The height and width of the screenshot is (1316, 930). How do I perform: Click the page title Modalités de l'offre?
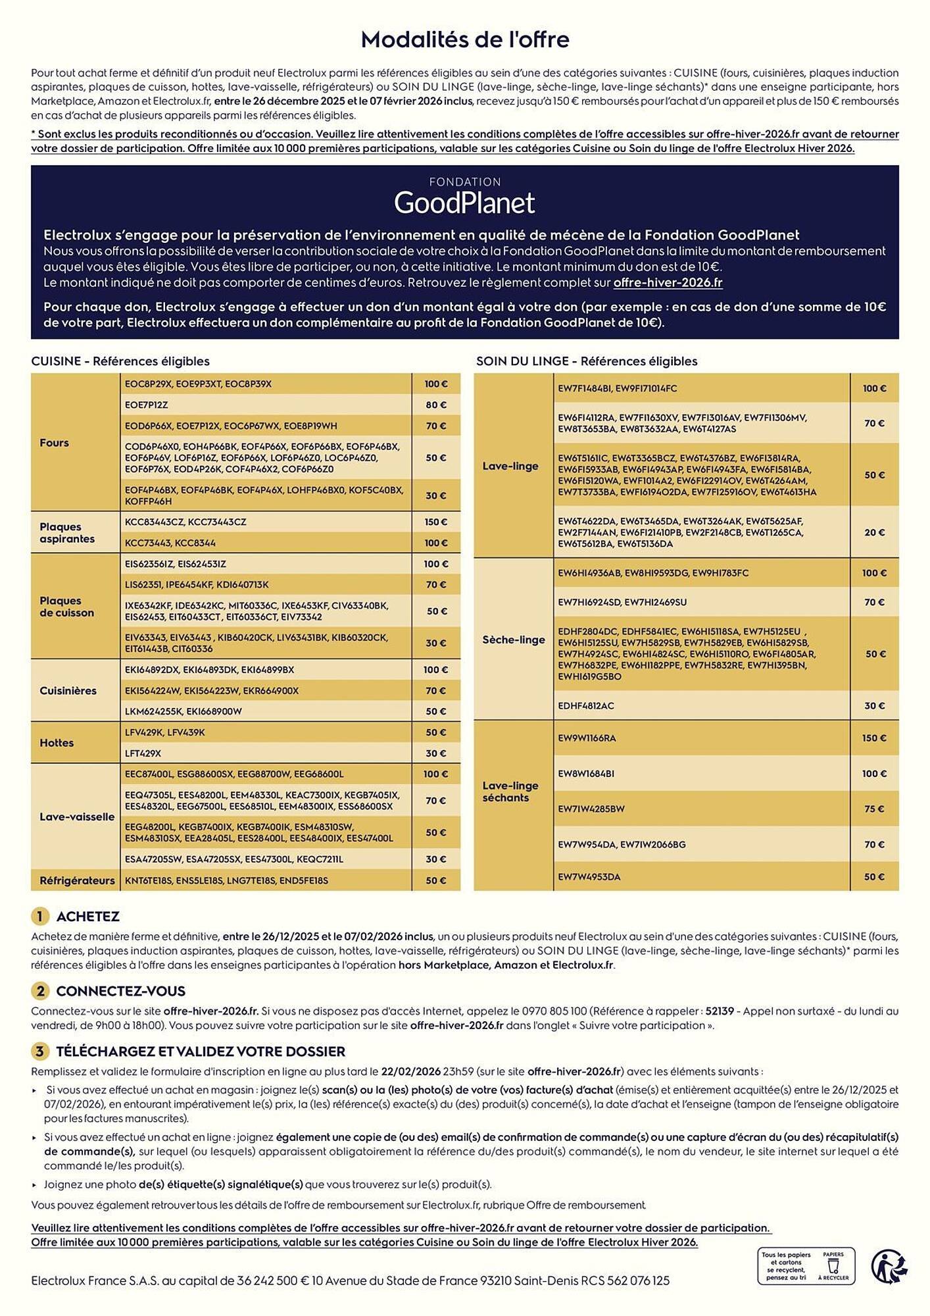tap(465, 40)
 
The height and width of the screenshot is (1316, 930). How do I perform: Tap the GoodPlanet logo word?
tap(464, 203)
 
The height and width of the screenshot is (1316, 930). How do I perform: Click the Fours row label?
tap(54, 443)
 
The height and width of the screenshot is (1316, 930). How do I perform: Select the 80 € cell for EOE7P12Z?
tap(435, 405)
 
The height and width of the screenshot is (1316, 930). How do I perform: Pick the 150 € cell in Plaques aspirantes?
tap(435, 522)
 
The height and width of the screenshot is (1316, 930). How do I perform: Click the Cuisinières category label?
tap(68, 690)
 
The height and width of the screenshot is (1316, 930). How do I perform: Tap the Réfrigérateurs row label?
tap(77, 880)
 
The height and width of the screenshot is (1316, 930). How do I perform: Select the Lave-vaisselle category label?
tap(77, 817)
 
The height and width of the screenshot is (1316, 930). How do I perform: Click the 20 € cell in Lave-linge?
tap(874, 532)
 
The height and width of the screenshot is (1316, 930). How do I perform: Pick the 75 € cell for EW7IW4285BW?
tap(874, 809)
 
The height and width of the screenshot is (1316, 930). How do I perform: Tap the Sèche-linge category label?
tap(513, 640)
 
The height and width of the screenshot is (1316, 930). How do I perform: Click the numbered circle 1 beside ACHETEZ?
tap(39, 917)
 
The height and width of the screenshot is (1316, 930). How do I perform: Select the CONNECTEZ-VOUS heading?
tap(120, 991)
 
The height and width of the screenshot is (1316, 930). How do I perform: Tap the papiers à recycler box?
tap(806, 1266)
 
